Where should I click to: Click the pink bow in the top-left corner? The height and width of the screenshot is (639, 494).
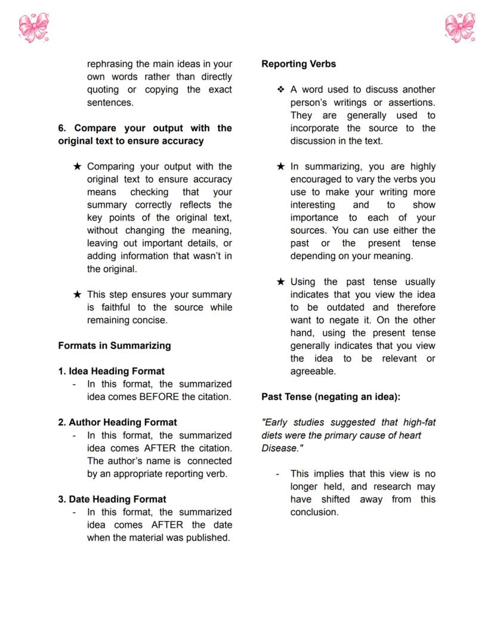[x=33, y=27]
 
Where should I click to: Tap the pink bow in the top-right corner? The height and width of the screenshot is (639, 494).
[x=460, y=27]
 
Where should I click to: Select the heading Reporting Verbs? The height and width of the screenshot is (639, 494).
[x=298, y=64]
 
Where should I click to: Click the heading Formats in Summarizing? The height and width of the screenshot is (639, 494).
[x=114, y=345]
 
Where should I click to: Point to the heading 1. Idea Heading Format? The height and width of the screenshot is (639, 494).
[x=111, y=371]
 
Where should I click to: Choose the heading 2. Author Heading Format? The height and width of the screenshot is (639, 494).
[x=118, y=422]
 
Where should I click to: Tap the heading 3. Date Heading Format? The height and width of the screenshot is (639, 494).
[x=112, y=499]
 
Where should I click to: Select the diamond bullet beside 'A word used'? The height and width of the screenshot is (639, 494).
[x=280, y=89]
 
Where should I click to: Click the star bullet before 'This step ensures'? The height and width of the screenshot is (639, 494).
[x=77, y=295]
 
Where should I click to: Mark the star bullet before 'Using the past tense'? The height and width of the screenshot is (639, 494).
[x=280, y=282]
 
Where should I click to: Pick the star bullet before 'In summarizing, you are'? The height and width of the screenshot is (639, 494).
[x=280, y=166]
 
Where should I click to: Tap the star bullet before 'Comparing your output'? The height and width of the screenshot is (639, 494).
[x=77, y=166]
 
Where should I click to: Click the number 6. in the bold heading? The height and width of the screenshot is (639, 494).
[x=62, y=128]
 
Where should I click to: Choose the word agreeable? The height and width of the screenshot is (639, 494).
[x=313, y=371]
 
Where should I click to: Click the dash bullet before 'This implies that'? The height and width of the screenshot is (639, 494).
[x=278, y=474]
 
